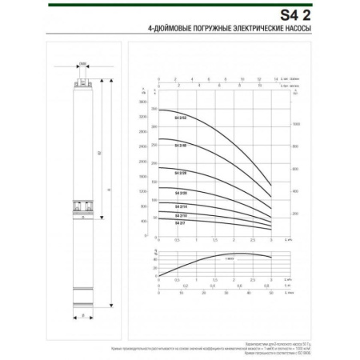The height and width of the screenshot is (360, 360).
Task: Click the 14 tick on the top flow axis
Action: click(275, 80)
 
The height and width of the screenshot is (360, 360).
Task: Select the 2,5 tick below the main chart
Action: click(253, 240)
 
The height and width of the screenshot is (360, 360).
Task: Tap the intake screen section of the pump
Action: click(82, 206)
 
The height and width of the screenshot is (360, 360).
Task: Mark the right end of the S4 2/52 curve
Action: click(272, 186)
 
